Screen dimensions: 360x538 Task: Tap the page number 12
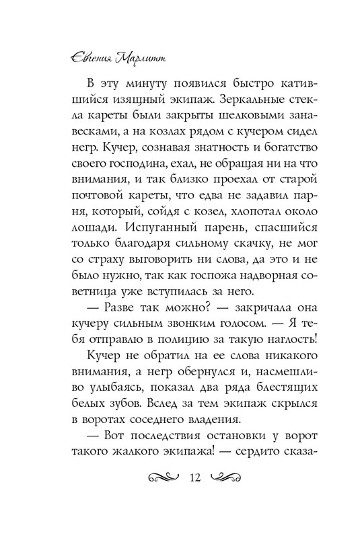(x=196, y=477)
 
